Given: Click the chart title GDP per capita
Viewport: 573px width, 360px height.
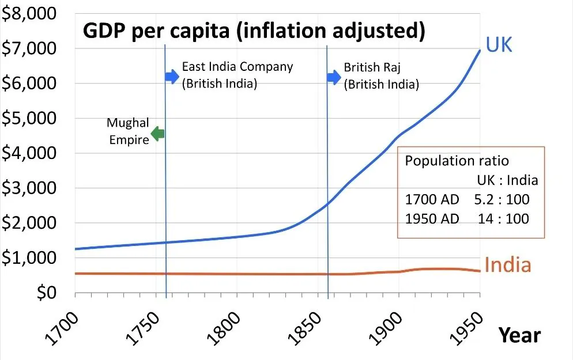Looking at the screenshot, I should point(254,31).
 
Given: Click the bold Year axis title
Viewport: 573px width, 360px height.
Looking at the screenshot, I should point(519,335).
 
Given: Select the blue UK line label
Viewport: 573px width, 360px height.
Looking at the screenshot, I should point(499,45).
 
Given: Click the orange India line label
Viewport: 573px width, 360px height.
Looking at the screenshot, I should point(507,265).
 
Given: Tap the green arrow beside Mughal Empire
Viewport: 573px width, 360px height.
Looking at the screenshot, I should point(157,134).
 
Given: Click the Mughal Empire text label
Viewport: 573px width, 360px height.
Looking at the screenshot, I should point(128,131).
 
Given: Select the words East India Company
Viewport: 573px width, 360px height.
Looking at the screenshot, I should point(238,67).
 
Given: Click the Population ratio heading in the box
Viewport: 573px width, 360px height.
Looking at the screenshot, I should point(457,161).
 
